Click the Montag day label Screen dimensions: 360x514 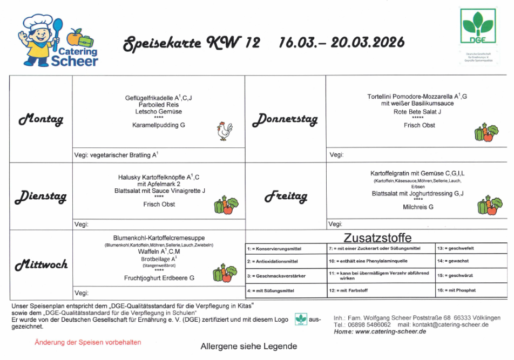pos(41,119)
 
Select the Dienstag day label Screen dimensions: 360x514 pos(40,197)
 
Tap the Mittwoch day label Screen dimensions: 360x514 pos(41,264)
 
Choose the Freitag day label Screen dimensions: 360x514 pos(286,197)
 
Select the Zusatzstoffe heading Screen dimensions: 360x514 pos(377,237)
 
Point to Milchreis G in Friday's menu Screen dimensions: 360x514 pos(418,207)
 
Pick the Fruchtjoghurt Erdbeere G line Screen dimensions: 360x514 pos(159,278)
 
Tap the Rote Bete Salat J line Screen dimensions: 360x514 pos(417,112)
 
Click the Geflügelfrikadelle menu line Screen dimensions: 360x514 pos(159,98)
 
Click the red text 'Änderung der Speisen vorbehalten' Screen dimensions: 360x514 pos(88,342)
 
